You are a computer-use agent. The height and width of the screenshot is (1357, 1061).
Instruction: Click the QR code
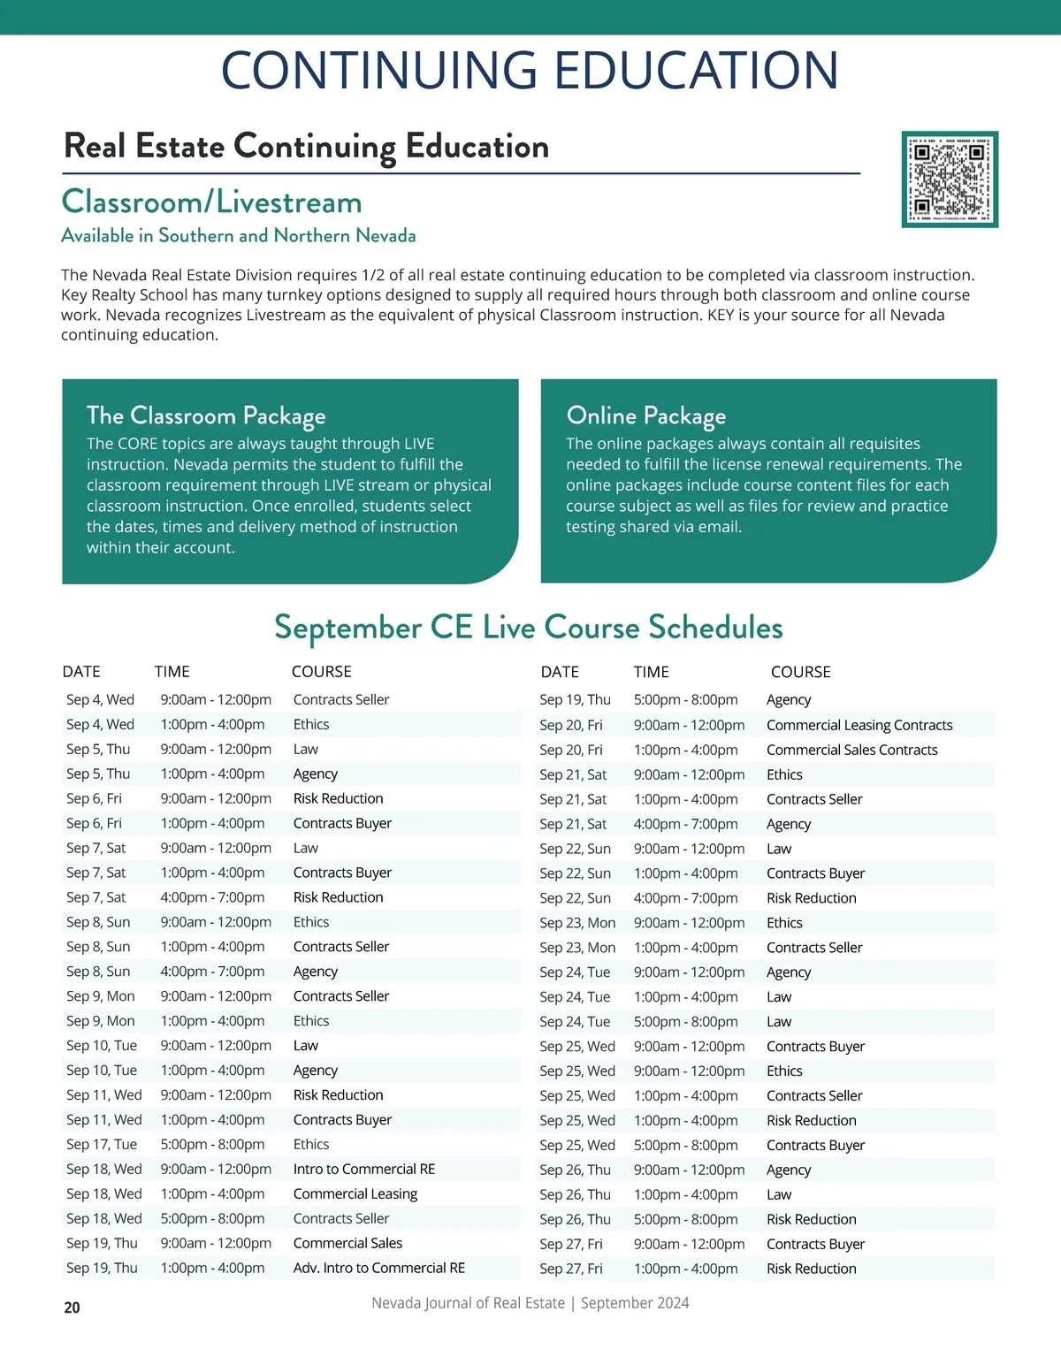tap(950, 179)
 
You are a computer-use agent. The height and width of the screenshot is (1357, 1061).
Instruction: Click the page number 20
tap(72, 1307)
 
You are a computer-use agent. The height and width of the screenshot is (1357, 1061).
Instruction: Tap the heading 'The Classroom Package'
tap(206, 415)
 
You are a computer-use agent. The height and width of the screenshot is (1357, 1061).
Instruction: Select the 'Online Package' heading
tap(645, 415)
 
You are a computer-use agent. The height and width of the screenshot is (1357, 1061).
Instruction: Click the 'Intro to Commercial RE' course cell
tap(364, 1169)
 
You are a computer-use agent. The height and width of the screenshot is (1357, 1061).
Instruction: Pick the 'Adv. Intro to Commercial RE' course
tap(378, 1268)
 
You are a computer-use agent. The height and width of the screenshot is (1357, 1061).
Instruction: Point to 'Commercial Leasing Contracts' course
tap(859, 725)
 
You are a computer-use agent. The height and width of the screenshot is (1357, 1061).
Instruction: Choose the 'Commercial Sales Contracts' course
tap(851, 750)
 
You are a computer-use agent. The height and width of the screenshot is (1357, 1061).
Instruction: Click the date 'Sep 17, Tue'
tap(102, 1144)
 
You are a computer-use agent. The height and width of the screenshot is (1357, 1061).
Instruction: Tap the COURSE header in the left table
tap(322, 672)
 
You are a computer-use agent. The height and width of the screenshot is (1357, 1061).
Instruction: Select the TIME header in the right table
tap(651, 672)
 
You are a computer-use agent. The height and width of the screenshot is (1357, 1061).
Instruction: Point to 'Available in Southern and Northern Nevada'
tap(238, 236)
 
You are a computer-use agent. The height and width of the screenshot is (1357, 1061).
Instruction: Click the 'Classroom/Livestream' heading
tap(211, 202)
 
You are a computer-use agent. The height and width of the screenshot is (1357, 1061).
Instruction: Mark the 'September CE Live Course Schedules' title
tap(529, 628)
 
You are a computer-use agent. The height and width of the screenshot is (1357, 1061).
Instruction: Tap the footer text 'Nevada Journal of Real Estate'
tap(468, 1303)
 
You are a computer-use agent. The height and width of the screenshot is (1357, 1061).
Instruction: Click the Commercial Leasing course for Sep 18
tap(355, 1193)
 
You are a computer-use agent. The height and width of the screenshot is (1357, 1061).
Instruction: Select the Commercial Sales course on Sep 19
tap(347, 1243)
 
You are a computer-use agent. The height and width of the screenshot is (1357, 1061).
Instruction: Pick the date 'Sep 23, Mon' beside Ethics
tap(577, 922)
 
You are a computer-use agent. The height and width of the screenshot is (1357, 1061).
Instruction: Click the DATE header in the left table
tap(81, 672)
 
